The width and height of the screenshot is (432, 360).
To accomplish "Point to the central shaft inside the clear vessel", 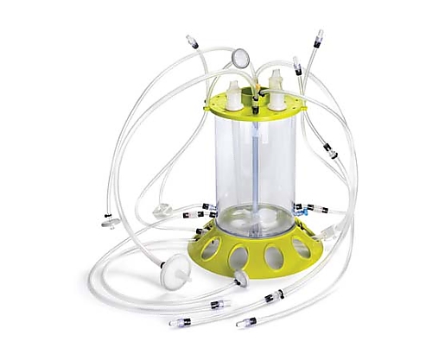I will (x=257, y=173).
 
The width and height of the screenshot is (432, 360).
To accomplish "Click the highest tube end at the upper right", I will (x=318, y=37).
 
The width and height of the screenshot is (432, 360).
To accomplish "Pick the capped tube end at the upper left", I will (x=192, y=40).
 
